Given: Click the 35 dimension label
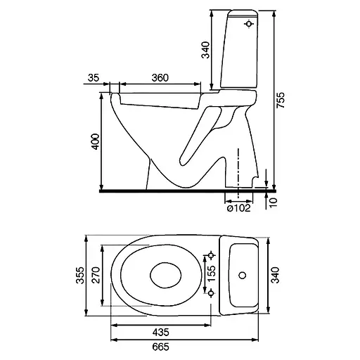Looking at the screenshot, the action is coord(94,77).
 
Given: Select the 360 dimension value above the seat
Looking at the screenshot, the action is coord(160,77).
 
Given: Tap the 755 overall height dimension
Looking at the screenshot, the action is coord(281,100).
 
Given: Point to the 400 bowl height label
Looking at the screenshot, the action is coord(96,141).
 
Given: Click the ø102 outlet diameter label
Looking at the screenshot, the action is coord(239,208).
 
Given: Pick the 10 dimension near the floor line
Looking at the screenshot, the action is coord(273,202).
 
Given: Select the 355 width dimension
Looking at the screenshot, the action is coord(80,276).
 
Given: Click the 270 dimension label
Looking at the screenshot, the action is coord(96,275).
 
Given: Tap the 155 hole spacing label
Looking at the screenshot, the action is coord(212,274).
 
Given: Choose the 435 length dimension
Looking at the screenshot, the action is coord(161,332).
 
